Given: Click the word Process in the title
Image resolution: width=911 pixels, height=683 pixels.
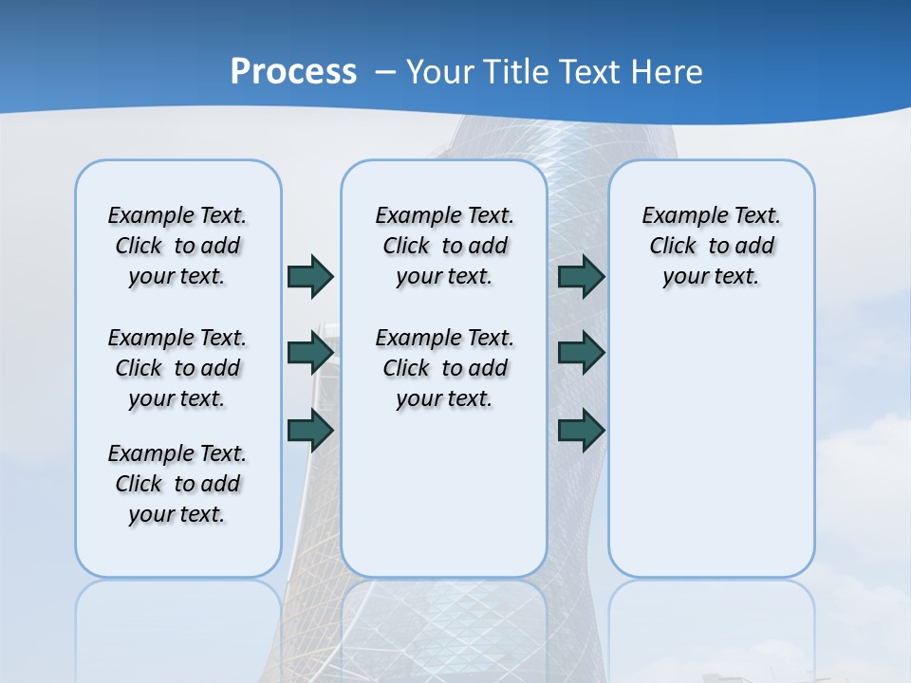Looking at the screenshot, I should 293,72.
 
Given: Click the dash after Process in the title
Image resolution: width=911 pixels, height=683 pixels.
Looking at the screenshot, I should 385,73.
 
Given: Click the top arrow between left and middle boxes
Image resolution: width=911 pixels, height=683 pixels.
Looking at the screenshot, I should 310,276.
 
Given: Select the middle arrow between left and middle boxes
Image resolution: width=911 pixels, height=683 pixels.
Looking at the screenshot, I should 310,353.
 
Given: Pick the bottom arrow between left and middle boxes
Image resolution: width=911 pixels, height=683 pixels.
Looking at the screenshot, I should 310,430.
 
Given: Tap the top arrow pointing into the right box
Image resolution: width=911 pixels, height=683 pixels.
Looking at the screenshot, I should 581,276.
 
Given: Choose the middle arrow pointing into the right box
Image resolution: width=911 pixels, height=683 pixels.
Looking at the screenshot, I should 581,353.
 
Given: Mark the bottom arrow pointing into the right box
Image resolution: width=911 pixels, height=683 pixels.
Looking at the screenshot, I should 581,430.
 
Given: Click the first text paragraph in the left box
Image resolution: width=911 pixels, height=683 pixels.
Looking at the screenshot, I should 177,246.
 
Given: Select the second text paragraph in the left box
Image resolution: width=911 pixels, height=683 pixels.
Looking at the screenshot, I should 177,368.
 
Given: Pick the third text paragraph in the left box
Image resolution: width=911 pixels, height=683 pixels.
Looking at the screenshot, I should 177,484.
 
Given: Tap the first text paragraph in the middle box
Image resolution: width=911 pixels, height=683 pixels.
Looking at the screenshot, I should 444,246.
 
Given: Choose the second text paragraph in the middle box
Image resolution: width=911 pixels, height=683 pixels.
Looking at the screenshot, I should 444,368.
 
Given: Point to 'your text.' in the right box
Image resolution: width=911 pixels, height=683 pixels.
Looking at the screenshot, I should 711,277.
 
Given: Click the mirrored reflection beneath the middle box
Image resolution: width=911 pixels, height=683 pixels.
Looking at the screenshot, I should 444,626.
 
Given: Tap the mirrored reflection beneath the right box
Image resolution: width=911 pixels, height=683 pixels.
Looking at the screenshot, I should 711,626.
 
